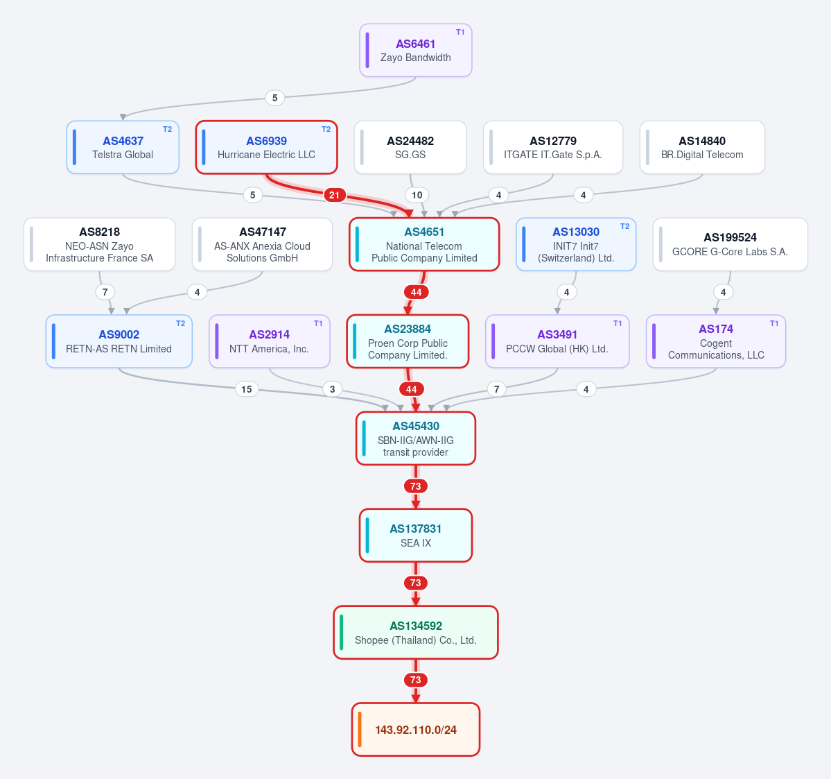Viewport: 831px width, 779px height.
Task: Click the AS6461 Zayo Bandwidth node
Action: pyautogui.click(x=416, y=51)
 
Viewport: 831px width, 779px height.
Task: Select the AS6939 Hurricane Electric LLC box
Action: pyautogui.click(x=267, y=148)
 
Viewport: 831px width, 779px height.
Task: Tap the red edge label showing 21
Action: pyautogui.click(x=335, y=195)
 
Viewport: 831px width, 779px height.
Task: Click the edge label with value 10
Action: pyautogui.click(x=417, y=195)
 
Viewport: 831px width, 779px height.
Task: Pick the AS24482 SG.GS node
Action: pyautogui.click(x=410, y=148)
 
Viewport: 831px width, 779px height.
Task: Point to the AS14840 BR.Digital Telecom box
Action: pyautogui.click(x=702, y=148)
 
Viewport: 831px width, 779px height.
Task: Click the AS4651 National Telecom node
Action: pyautogui.click(x=424, y=244)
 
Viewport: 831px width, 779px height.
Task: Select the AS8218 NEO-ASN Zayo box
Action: pyautogui.click(x=100, y=244)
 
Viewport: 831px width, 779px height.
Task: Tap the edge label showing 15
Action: pyautogui.click(x=247, y=389)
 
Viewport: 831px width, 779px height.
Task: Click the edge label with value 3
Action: pyautogui.click(x=332, y=389)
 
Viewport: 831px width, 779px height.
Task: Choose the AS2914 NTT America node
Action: pyautogui.click(x=269, y=341)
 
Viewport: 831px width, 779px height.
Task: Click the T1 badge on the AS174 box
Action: pyautogui.click(x=774, y=323)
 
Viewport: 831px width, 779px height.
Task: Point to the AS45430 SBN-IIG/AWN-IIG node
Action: pyautogui.click(x=416, y=438)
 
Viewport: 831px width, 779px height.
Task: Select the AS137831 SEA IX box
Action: pyautogui.click(x=416, y=536)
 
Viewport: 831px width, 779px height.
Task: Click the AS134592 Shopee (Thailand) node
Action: pyautogui.click(x=416, y=633)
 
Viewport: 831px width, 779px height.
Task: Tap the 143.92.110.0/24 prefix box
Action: pyautogui.click(x=416, y=730)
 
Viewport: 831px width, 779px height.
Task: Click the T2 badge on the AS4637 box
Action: pyautogui.click(x=168, y=130)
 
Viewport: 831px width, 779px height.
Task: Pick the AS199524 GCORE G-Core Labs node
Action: pyautogui.click(x=731, y=244)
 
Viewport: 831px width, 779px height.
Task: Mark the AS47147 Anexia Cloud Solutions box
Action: pyautogui.click(x=263, y=244)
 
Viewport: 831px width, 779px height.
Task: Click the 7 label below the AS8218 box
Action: pyautogui.click(x=105, y=292)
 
